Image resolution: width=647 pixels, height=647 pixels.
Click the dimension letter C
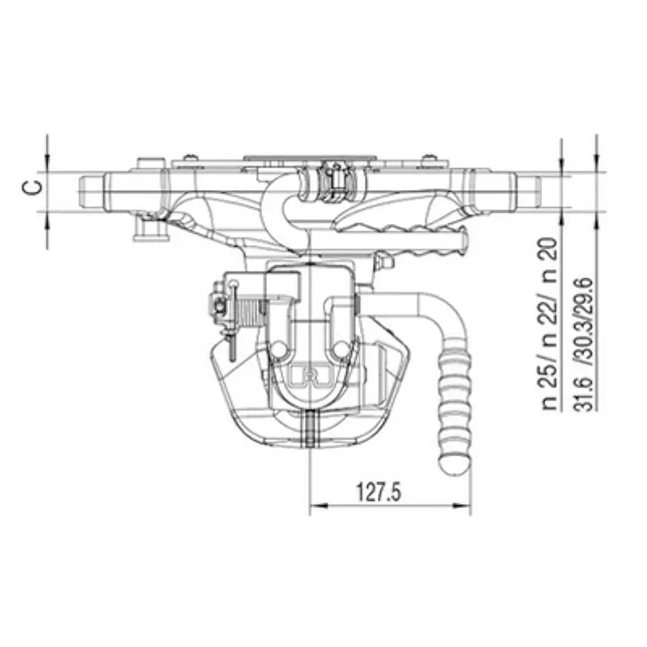point(31,188)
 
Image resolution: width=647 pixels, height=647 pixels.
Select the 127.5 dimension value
point(378,492)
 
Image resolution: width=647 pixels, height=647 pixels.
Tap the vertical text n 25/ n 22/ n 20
point(552,323)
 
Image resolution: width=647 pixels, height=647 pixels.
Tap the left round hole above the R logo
point(278,349)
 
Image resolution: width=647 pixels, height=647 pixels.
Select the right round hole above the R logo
point(343,349)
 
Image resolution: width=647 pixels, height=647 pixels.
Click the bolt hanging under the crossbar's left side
point(148,231)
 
